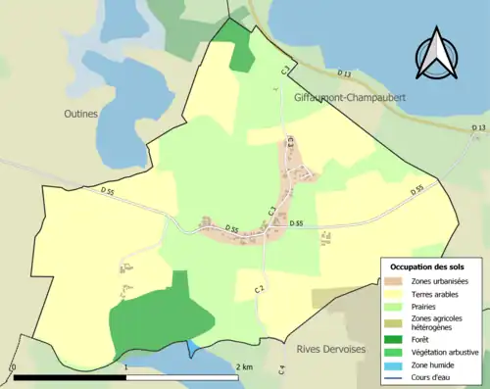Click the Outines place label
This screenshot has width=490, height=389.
pos(82,114)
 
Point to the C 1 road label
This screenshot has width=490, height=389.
pos(284,70)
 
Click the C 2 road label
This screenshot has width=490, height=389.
pos(259,288)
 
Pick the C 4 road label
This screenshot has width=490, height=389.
pos(281,369)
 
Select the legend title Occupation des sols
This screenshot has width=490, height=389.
pos(428,267)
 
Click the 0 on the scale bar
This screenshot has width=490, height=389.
pos(13,367)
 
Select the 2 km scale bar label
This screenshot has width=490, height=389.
pos(244,367)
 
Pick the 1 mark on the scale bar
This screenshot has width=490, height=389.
pos(125,367)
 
